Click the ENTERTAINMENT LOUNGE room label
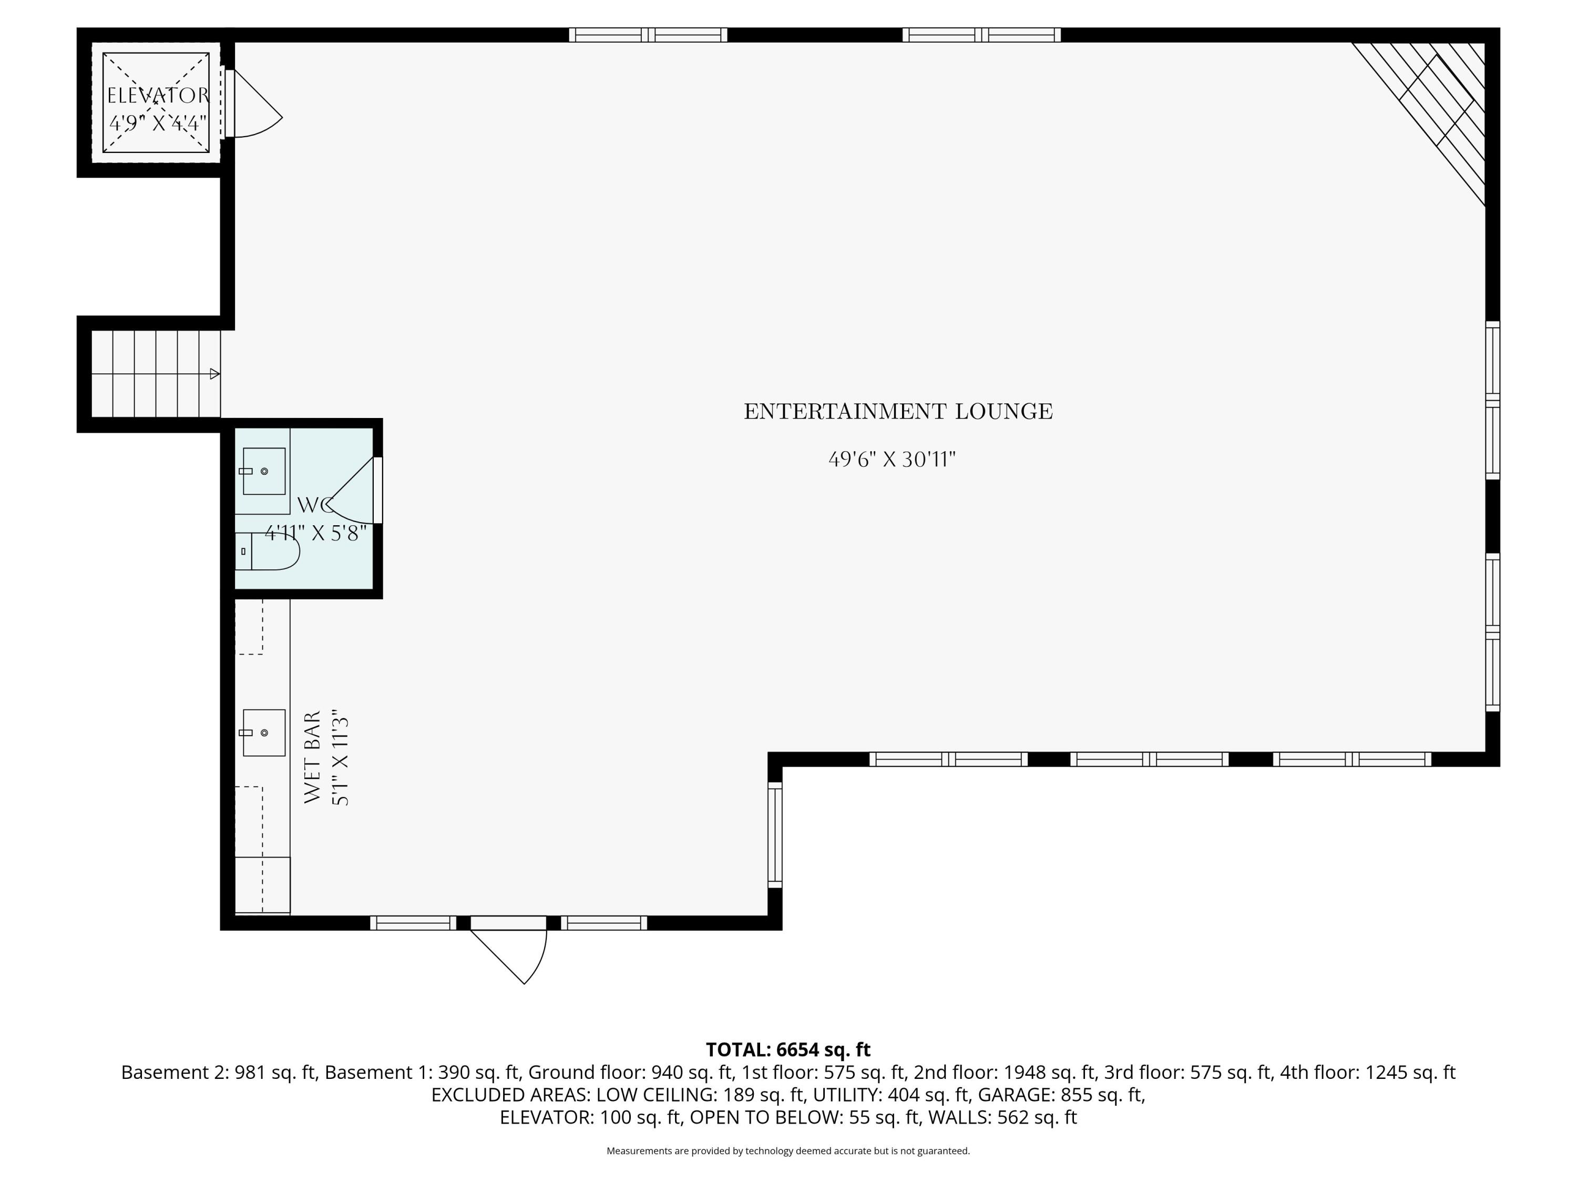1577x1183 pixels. [x=898, y=412]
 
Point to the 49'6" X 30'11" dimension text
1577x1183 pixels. [x=892, y=459]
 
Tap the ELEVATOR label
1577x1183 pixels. [x=158, y=96]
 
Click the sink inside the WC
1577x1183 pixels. [x=264, y=471]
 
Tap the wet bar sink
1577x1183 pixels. [x=264, y=732]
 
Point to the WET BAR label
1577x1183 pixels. [x=313, y=757]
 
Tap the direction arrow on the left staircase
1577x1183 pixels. [x=214, y=374]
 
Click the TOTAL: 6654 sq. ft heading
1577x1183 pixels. [x=788, y=1049]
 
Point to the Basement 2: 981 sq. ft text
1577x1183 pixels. [x=218, y=1073]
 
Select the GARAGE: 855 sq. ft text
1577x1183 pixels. [x=1058, y=1095]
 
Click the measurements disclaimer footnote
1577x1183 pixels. [x=788, y=1151]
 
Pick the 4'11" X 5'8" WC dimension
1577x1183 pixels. [x=316, y=533]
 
